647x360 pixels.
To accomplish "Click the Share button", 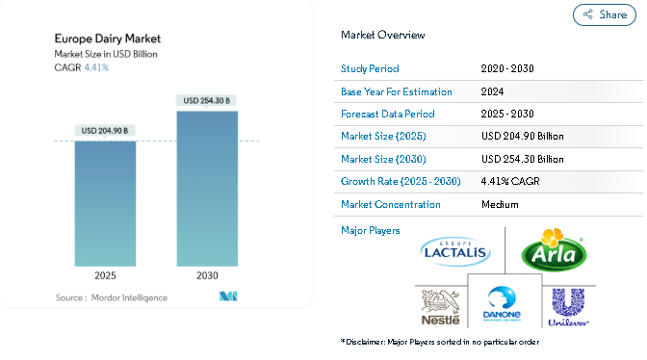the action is [x=604, y=14].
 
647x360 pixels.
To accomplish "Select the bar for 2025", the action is [x=105, y=204].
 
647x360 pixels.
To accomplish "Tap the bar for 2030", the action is [x=207, y=189].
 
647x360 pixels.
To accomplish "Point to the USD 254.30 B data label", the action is [x=207, y=101].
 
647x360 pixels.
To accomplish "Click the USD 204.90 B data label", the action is [x=105, y=131].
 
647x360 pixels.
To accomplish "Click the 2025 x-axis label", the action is [x=105, y=275].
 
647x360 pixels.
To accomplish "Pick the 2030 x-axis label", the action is [x=207, y=275].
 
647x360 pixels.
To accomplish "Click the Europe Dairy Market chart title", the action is [x=108, y=39].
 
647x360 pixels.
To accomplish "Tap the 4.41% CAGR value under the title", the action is [x=96, y=67].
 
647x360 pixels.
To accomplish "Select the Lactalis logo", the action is [x=455, y=251].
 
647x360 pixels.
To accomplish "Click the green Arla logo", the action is [x=555, y=250].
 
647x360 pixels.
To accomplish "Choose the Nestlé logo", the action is [x=441, y=307].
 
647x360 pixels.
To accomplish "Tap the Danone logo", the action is [x=502, y=304].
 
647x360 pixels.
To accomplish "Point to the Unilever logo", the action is [x=568, y=308].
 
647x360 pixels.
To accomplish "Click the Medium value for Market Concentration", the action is [x=500, y=204].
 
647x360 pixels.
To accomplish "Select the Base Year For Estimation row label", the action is [x=396, y=92].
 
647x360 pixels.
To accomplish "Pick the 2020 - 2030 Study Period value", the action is [x=507, y=68].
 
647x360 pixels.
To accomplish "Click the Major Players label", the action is [x=370, y=230].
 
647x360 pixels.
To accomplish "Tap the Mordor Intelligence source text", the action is [x=130, y=297].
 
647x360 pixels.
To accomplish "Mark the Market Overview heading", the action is [x=382, y=35].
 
